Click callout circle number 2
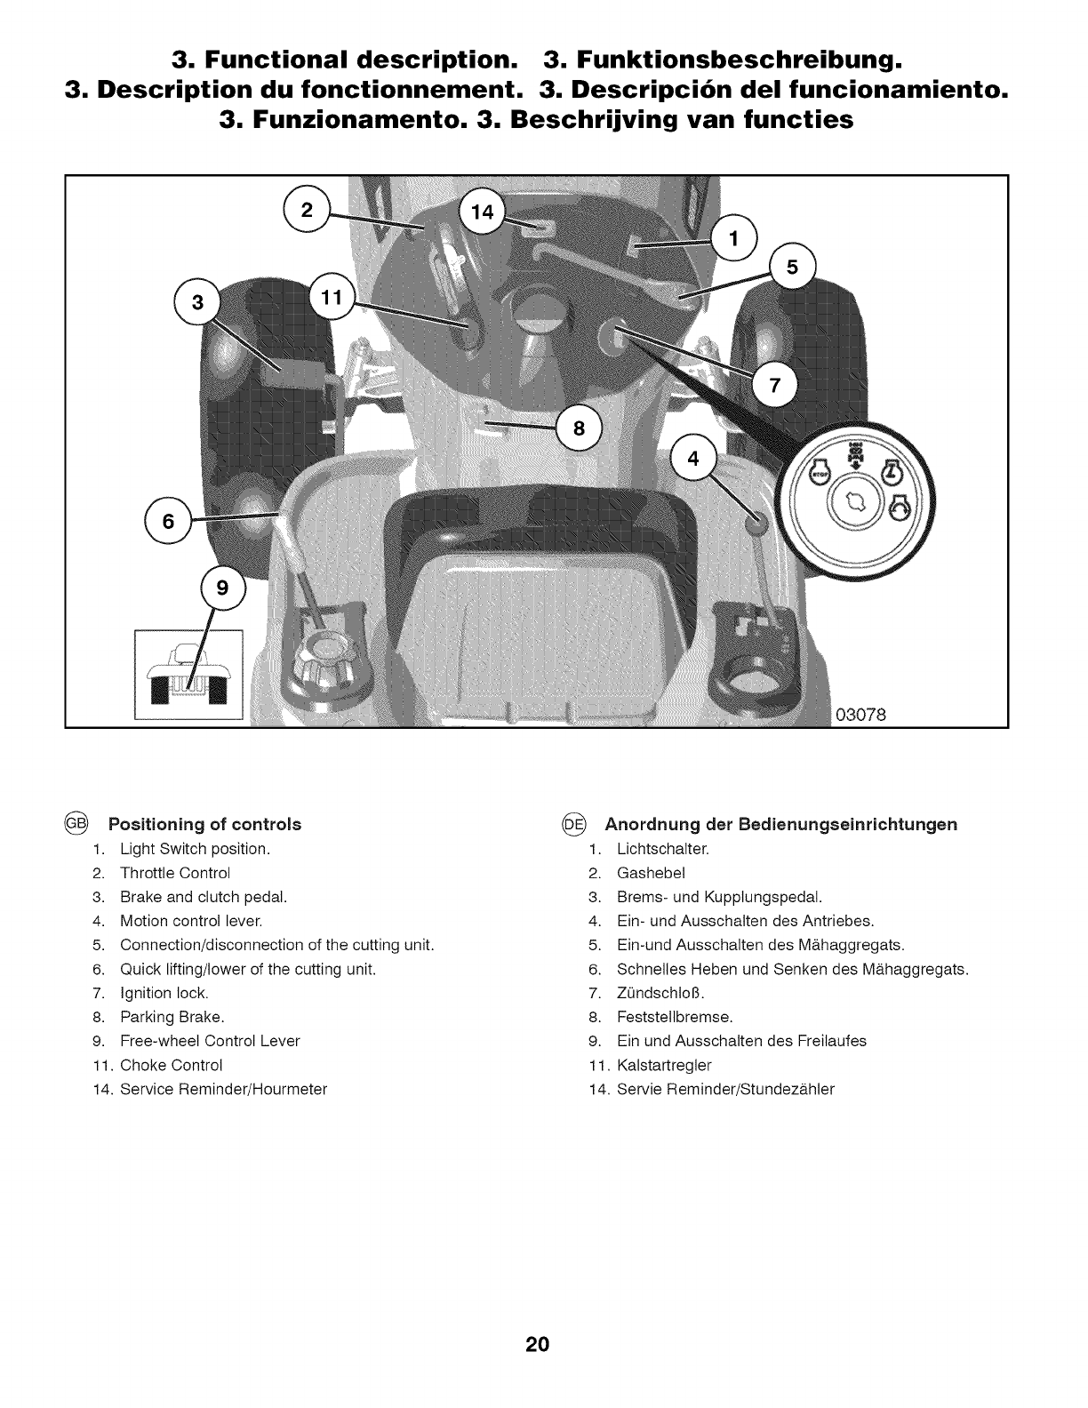[x=307, y=211]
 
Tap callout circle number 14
[x=481, y=212]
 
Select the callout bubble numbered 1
[x=733, y=238]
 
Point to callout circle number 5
[x=793, y=266]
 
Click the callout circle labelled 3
[x=198, y=302]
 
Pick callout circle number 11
[x=332, y=298]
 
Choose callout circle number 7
[x=772, y=386]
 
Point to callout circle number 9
[x=223, y=588]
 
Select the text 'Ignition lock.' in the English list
[x=164, y=993]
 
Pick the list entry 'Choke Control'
[x=171, y=1065]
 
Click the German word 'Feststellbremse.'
[x=675, y=1017]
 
